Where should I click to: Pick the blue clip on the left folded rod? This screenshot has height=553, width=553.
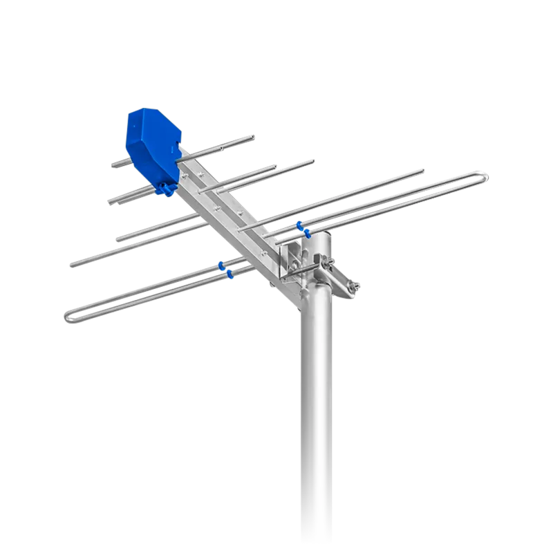point(223,269)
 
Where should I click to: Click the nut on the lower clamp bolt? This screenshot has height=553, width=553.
point(355,288)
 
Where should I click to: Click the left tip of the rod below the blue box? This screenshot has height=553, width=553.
point(111,201)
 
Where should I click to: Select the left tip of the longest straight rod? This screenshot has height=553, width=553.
point(71,264)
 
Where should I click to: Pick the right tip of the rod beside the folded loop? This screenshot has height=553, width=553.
point(422,168)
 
